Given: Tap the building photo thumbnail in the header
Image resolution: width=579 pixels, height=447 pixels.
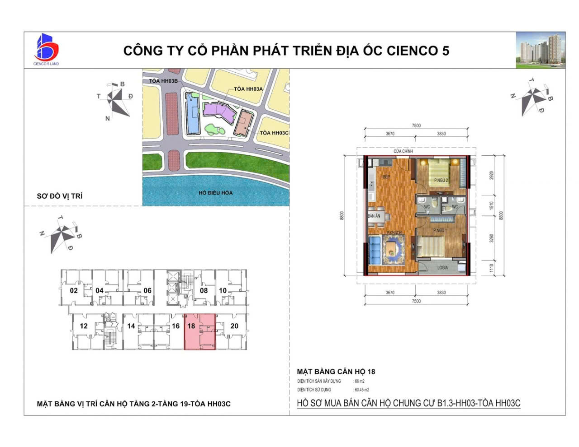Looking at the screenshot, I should pos(541,50).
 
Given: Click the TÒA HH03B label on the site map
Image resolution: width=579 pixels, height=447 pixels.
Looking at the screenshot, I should pos(164,81).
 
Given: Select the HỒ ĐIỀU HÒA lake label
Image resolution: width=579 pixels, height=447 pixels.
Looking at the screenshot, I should pos(215,193).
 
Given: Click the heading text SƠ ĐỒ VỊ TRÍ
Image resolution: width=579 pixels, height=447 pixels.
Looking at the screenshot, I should pos(60,196).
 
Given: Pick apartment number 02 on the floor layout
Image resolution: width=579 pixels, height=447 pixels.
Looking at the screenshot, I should pos(74,291).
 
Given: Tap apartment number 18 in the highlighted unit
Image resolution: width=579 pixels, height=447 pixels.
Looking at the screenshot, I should pos(191,326).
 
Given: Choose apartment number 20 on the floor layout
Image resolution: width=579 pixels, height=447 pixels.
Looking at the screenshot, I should pos(234,326).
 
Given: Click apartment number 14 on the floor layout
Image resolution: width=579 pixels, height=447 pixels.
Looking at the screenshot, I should pos(131,326).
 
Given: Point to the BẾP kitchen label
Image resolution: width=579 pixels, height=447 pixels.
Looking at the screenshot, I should pos(386,177).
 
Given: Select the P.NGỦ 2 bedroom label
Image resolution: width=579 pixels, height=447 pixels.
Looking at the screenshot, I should pos(441,181).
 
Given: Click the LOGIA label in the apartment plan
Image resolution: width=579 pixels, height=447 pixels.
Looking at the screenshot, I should pos(442,268).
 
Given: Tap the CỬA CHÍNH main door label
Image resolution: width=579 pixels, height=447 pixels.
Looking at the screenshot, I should pos(403,151).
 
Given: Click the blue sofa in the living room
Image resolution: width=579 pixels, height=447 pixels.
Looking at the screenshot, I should pos(374,250).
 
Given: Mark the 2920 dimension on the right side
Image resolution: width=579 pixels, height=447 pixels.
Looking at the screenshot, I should pos(492,176).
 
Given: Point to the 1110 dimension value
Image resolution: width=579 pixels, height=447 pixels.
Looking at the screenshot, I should pos(492,268).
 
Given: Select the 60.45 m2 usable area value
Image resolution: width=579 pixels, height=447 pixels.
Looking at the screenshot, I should pos(361,390).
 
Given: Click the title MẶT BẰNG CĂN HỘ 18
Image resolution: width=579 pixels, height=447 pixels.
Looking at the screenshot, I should pos(336,372).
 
